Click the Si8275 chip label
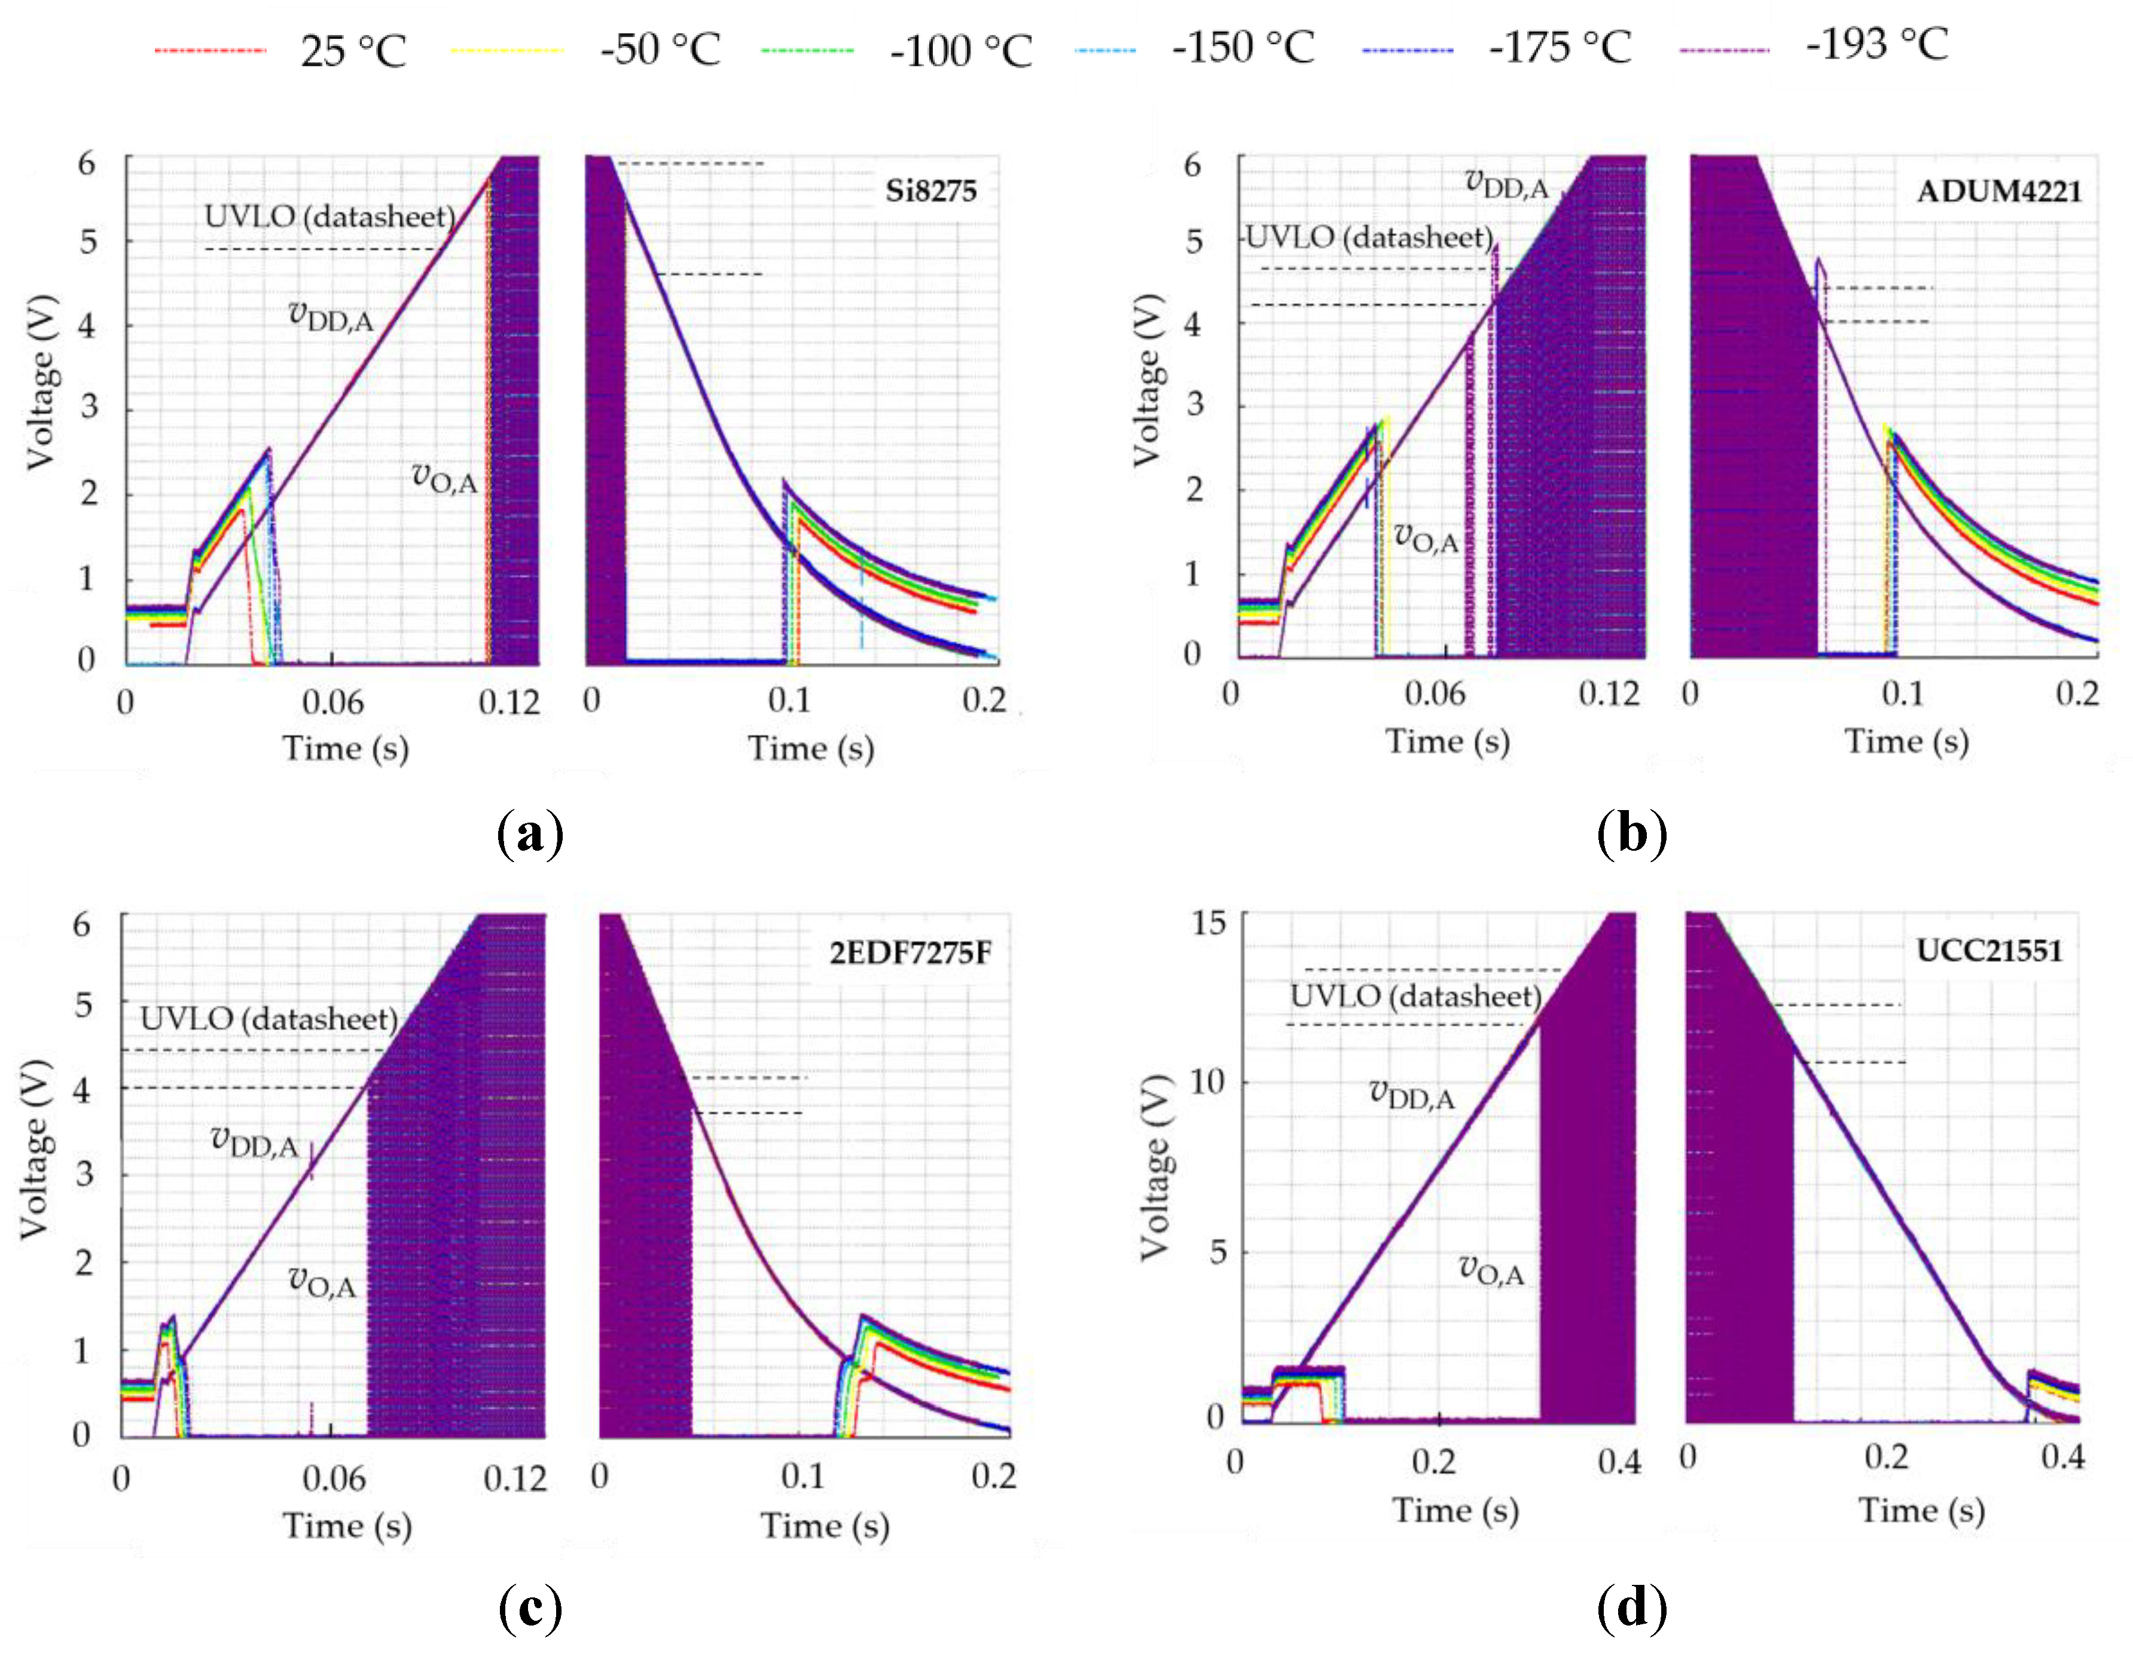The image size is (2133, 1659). pos(930,191)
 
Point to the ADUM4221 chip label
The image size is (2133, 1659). pos(1998,191)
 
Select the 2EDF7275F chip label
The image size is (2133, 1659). pos(910,953)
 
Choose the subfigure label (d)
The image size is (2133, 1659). pos(1632,1607)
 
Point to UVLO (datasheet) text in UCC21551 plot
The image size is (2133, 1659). pos(1415,997)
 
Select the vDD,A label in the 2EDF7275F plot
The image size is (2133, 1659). pos(254,1141)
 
